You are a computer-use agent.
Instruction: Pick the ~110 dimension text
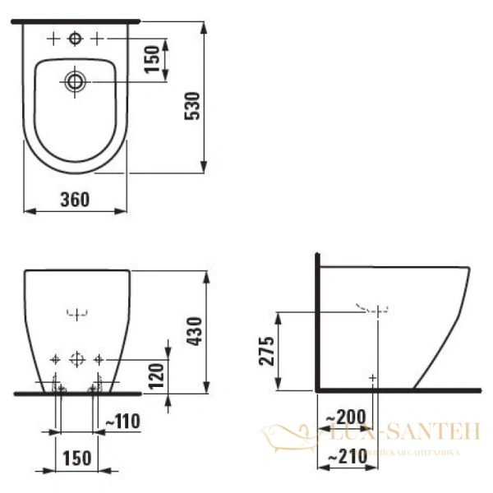pyautogui.click(x=124, y=422)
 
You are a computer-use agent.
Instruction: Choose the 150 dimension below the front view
pyautogui.click(x=76, y=457)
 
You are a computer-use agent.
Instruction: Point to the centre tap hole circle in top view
pyautogui.click(x=75, y=38)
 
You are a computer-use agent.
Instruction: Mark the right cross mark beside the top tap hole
pyautogui.click(x=97, y=38)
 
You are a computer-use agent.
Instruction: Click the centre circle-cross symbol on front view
pyautogui.click(x=76, y=359)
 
